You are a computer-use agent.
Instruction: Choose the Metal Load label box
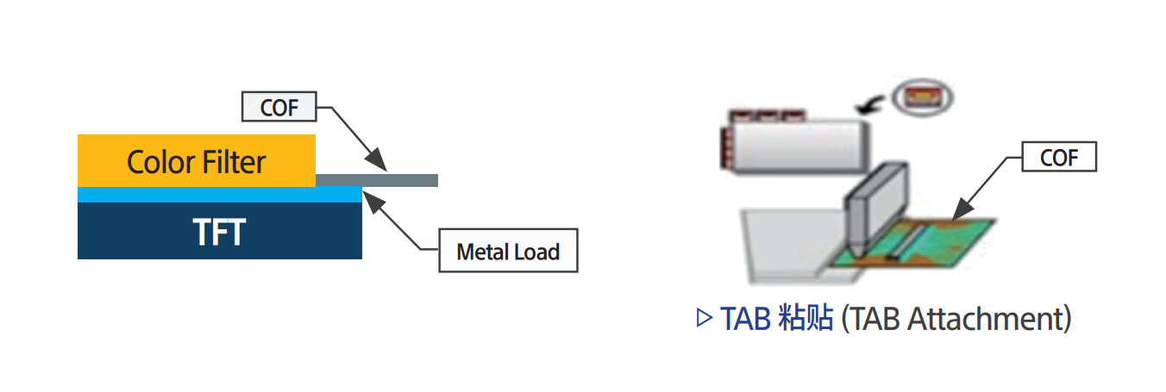(508, 252)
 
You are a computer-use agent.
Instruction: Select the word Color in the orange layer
(159, 161)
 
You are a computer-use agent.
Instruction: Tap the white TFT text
(219, 233)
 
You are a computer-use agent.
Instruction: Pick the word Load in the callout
(536, 252)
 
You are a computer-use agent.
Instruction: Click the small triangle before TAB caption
(703, 320)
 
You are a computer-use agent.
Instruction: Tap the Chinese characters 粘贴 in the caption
(803, 320)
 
